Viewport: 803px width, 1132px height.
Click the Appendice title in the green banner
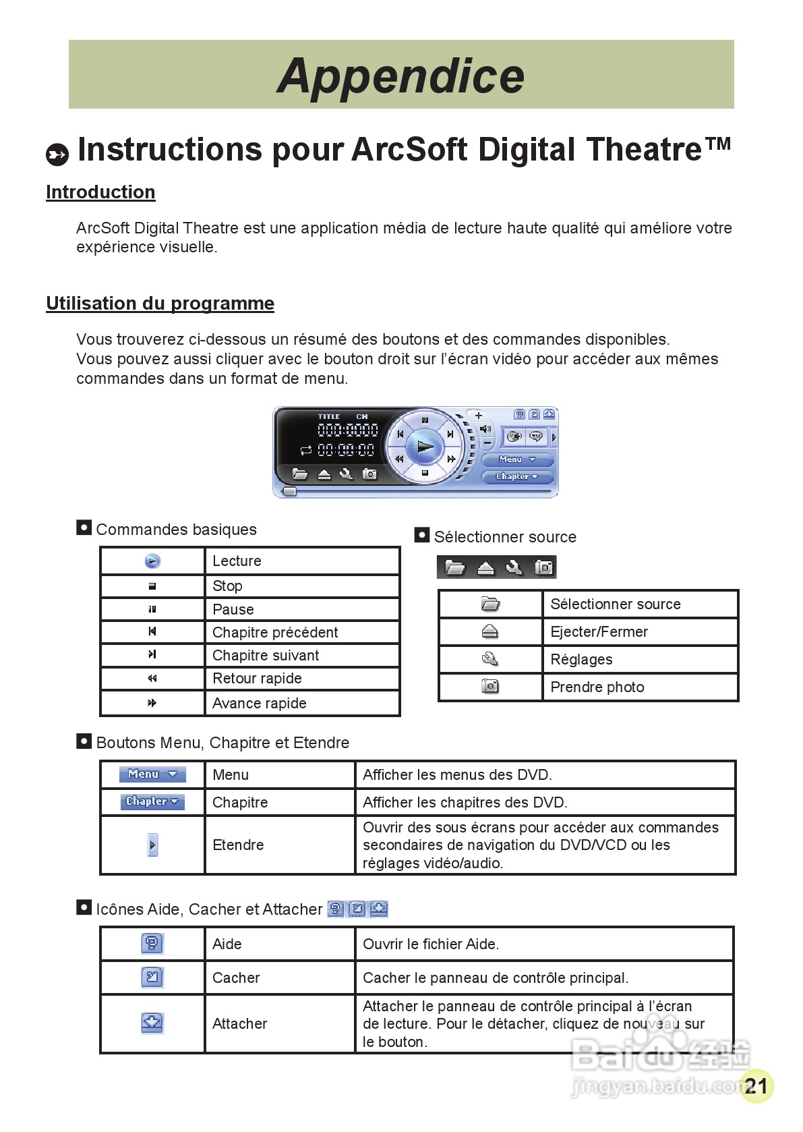[400, 76]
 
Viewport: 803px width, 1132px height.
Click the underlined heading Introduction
[100, 192]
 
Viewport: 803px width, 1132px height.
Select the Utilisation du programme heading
[160, 304]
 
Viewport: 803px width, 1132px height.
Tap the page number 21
[756, 1085]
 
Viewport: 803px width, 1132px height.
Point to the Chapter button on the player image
[517, 476]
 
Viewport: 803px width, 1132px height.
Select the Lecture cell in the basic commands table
[237, 561]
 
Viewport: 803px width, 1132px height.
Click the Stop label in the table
[227, 586]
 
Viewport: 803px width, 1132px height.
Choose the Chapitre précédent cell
[275, 632]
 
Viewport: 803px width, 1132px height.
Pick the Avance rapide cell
[260, 703]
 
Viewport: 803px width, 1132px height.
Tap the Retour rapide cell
[257, 678]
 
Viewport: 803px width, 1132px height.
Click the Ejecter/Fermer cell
[599, 631]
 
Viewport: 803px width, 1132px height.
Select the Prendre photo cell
[597, 687]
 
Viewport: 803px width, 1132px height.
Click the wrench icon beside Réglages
[490, 659]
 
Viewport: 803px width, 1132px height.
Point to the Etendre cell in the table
[238, 845]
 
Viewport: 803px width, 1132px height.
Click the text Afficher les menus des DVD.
[457, 774]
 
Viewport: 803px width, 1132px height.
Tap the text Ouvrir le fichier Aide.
[431, 944]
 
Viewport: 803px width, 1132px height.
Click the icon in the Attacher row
[152, 1023]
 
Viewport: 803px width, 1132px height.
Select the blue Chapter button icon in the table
[152, 801]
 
